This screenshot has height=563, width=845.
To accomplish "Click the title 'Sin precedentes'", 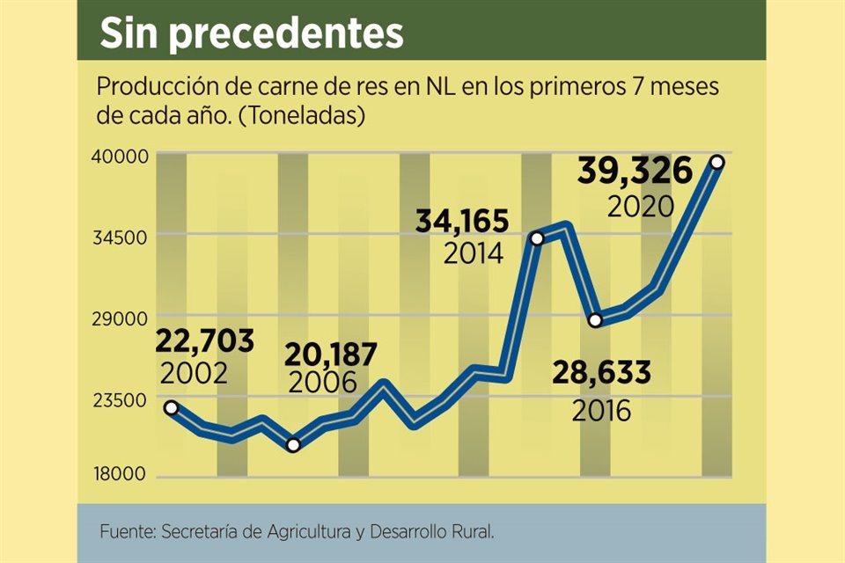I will pos(251,33).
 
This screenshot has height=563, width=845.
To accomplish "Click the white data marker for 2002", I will pos(171,407).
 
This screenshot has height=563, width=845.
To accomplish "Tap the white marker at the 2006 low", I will pos(293,445).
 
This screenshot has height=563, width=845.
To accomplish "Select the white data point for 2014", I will pos(537,238).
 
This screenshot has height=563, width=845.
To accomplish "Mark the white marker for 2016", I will pos(596,319).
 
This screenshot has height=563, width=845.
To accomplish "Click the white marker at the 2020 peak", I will pos(717,162).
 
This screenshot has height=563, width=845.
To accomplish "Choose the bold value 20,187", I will pos(330,354).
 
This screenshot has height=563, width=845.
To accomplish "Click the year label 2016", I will pos(601,410).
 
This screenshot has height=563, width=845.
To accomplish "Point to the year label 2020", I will pos(640,206).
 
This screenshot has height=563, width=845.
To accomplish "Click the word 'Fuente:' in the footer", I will pos(127,531).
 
